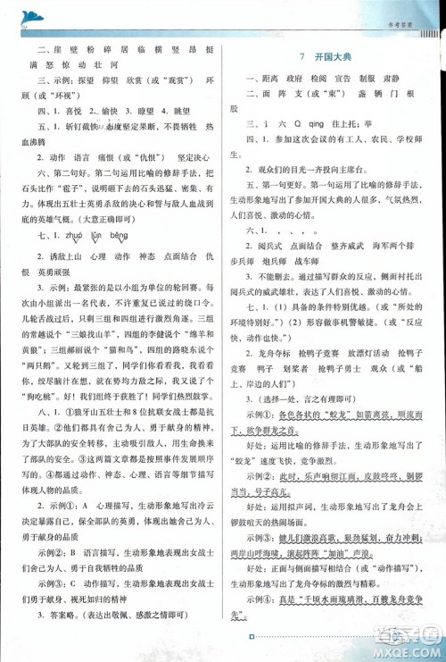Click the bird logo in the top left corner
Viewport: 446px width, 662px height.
[30, 15]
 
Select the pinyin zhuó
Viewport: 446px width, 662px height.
[68, 236]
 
